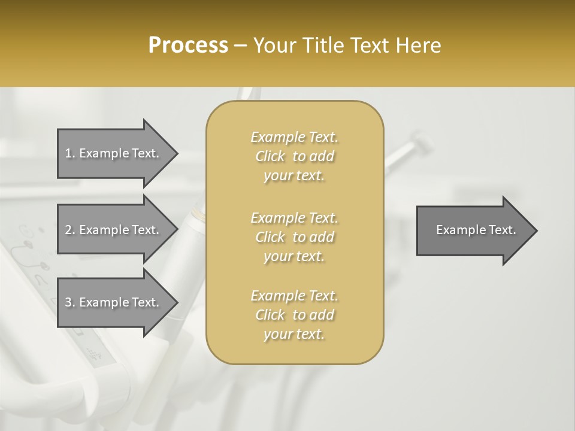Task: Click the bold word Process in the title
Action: pyautogui.click(x=188, y=45)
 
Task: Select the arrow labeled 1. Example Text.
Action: pyautogui.click(x=114, y=153)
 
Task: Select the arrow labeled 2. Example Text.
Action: pyautogui.click(x=114, y=230)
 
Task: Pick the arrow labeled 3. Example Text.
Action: pyautogui.click(x=114, y=302)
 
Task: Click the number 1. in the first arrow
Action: pyautogui.click(x=70, y=153)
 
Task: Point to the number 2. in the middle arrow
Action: pyautogui.click(x=70, y=230)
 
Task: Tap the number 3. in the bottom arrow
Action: pyautogui.click(x=70, y=302)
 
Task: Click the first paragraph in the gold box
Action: pyautogui.click(x=294, y=156)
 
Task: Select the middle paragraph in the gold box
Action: pyautogui.click(x=294, y=237)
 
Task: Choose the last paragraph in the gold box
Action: pyautogui.click(x=294, y=315)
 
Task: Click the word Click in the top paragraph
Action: pyautogui.click(x=270, y=157)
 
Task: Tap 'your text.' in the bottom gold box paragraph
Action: pyautogui.click(x=294, y=335)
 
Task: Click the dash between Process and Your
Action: pyautogui.click(x=240, y=46)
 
